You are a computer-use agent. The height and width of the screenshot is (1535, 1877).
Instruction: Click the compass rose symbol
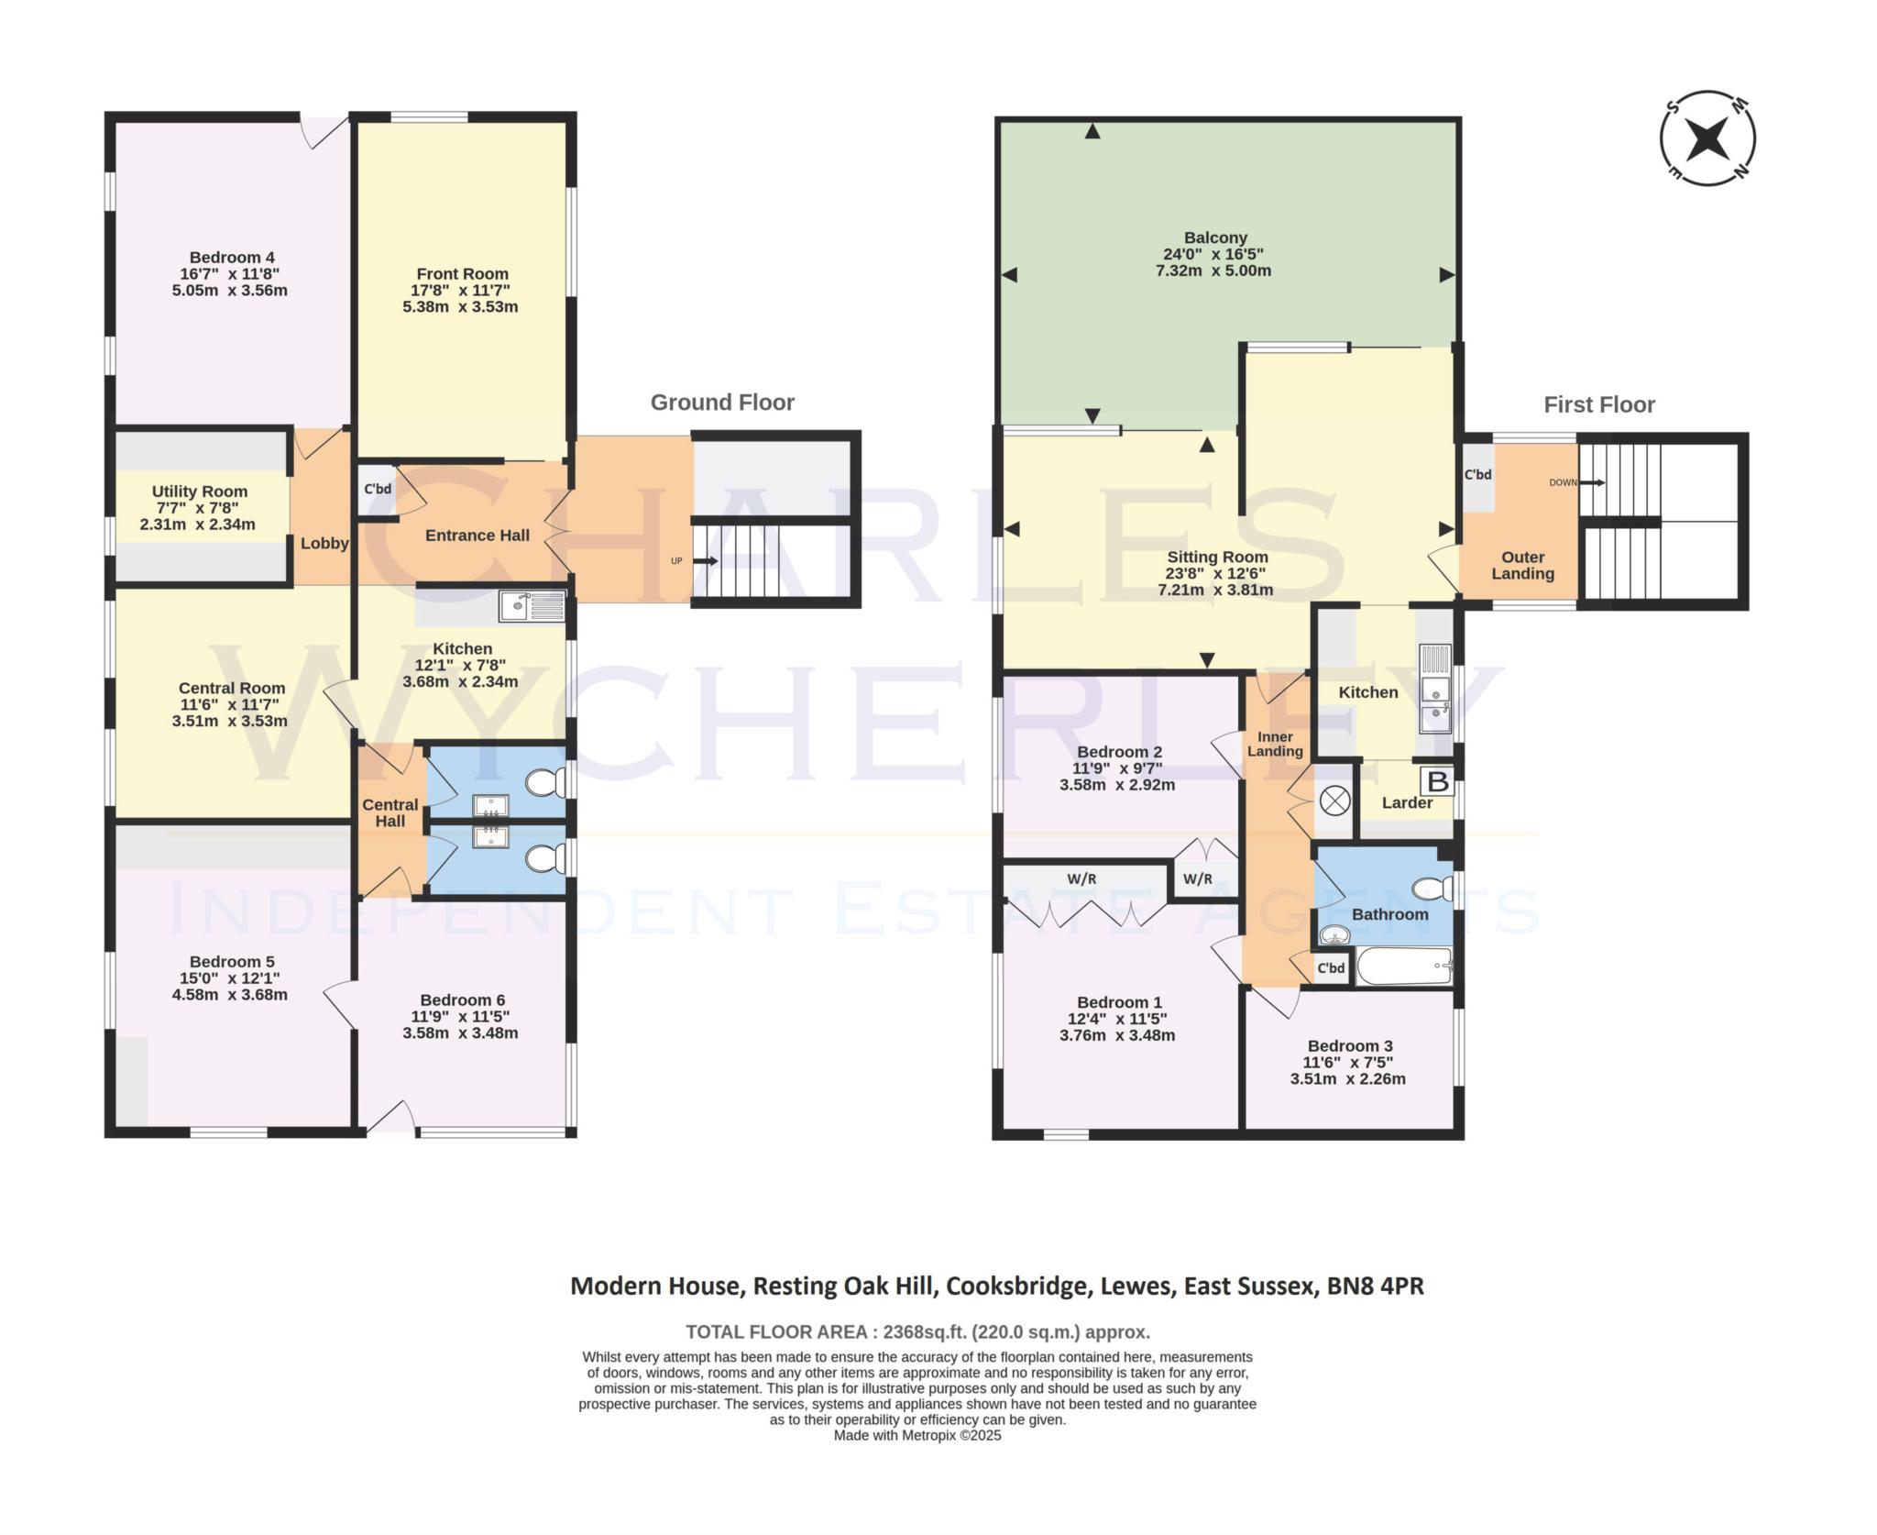tap(1707, 139)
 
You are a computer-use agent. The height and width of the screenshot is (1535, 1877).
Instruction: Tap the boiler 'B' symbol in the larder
tap(1438, 781)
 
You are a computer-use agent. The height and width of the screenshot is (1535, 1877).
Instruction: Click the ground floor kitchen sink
tap(532, 605)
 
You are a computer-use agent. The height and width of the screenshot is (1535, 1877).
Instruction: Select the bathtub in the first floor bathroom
tap(1403, 966)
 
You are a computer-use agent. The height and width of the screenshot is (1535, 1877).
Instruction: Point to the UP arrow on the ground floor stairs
tap(704, 560)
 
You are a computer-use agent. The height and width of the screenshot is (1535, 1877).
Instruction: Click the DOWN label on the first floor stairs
tap(1564, 482)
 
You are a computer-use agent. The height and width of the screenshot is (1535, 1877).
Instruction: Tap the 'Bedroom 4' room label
tap(232, 258)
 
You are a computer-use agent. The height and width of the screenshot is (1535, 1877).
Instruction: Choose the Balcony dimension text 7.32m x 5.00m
tap(1213, 271)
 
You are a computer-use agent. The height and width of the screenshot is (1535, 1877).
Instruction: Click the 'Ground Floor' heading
tap(722, 403)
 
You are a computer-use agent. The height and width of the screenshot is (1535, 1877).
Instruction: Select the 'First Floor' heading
tap(1598, 404)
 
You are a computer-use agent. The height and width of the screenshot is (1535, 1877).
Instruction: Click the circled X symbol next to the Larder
tap(1334, 801)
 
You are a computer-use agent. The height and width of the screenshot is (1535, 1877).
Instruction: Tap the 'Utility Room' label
tap(199, 491)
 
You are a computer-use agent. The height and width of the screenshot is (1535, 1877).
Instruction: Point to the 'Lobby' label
tap(324, 543)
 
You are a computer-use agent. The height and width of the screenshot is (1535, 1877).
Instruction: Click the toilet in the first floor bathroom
tap(1432, 888)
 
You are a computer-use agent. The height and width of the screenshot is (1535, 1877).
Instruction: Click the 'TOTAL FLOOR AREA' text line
tap(917, 1331)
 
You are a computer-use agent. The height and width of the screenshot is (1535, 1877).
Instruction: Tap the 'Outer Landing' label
tap(1522, 565)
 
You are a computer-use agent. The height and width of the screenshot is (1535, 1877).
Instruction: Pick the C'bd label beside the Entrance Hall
tap(378, 489)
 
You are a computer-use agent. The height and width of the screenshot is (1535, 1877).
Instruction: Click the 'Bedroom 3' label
tap(1349, 1045)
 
